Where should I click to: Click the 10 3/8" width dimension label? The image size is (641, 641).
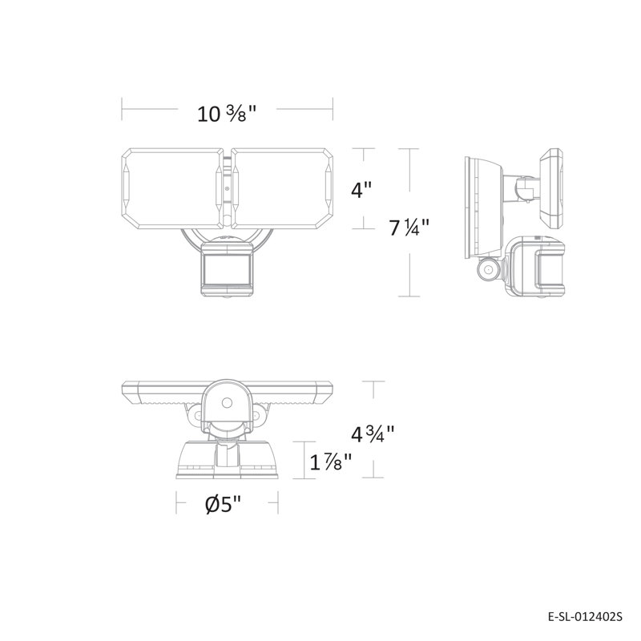pos(227,114)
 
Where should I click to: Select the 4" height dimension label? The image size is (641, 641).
pos(362,190)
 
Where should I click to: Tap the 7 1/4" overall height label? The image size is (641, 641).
pos(409,228)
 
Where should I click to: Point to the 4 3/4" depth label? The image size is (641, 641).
pos(373,434)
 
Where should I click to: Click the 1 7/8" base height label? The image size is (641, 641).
pos(331,462)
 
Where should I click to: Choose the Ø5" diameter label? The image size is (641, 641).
pos(224,505)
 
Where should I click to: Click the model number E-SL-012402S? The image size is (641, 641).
pos(585,616)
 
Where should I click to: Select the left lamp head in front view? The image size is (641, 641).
pos(173,188)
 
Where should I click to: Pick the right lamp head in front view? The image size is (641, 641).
pos(283,188)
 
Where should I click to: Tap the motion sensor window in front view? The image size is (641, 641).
pos(227,269)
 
